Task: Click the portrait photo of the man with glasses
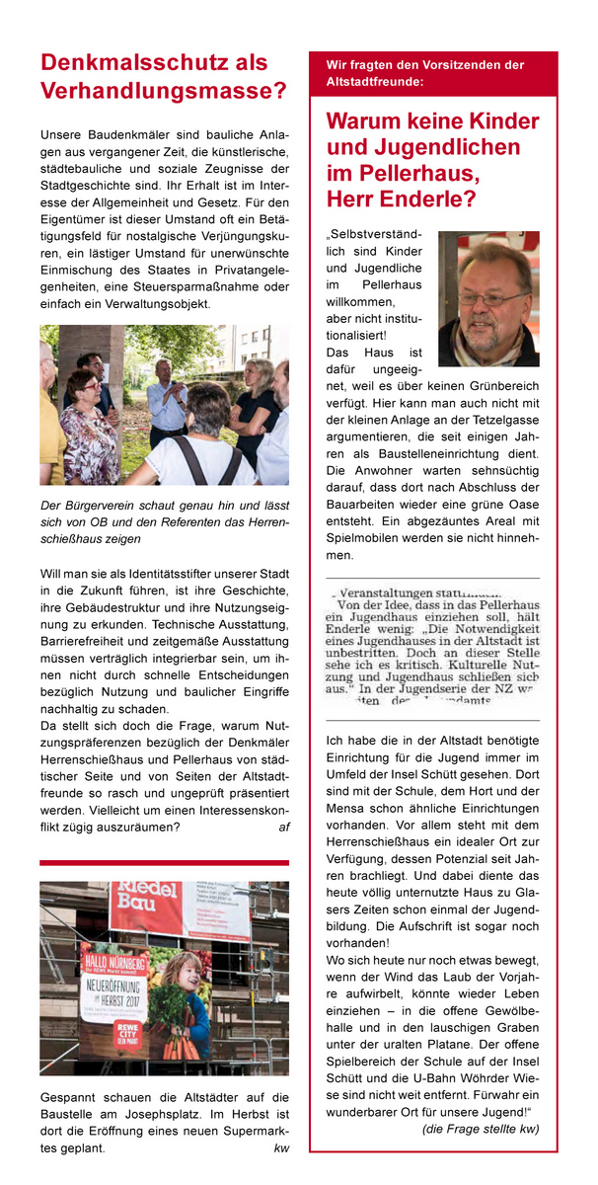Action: click(x=488, y=299)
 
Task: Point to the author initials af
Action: click(x=283, y=828)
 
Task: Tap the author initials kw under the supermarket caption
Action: click(x=281, y=1148)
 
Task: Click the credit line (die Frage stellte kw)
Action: click(x=480, y=1129)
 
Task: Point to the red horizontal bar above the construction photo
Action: click(x=164, y=862)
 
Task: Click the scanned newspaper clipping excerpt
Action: click(x=432, y=647)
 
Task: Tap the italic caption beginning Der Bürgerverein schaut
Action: click(x=164, y=522)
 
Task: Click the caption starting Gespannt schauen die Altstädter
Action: click(x=164, y=1123)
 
